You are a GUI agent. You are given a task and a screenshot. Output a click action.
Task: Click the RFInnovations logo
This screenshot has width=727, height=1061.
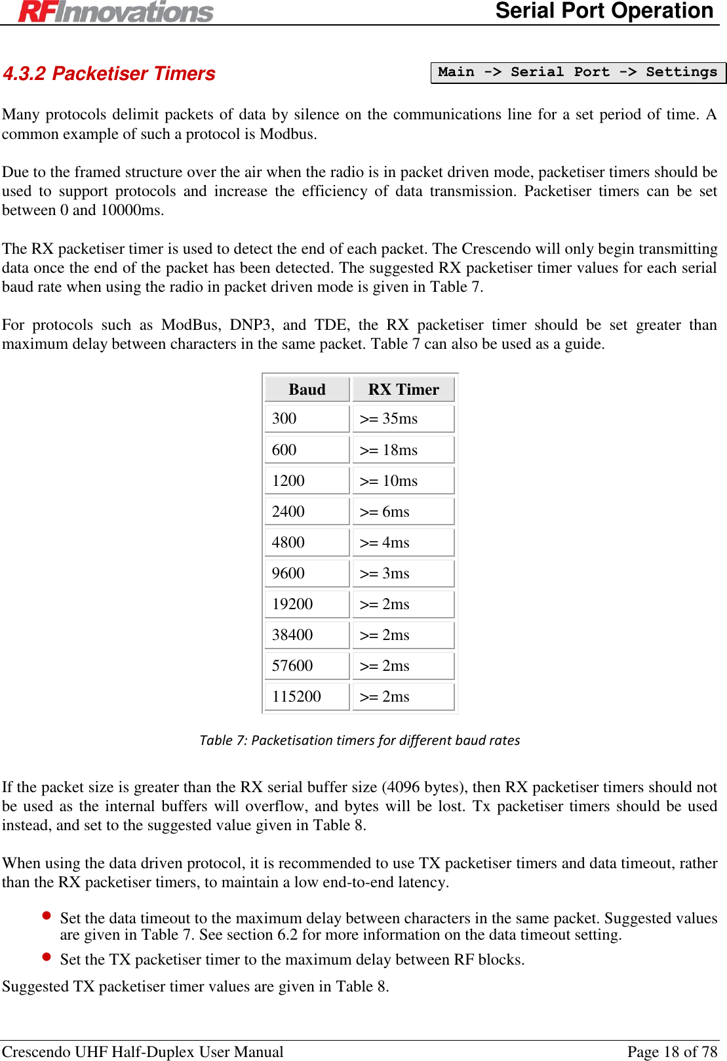tap(116, 12)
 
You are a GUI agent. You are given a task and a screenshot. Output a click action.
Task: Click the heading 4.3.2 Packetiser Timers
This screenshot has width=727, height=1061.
tap(109, 73)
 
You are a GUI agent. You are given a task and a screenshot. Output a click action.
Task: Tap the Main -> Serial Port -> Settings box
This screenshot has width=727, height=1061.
tap(578, 72)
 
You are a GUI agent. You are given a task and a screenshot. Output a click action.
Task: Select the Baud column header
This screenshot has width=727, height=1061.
tap(307, 390)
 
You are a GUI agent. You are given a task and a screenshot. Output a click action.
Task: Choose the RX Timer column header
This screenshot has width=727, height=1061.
tap(403, 390)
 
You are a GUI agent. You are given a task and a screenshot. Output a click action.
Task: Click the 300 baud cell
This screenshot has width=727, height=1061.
tap(307, 418)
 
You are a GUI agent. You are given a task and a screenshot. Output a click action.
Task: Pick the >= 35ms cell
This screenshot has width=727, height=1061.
tap(403, 418)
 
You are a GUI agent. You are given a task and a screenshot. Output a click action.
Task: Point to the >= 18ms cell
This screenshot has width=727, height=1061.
tap(403, 450)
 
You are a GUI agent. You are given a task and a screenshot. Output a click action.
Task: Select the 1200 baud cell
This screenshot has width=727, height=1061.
tap(307, 481)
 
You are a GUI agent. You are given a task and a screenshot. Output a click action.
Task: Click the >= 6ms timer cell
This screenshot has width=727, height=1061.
tap(403, 511)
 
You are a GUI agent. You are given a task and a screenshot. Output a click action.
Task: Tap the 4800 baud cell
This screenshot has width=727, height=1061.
tap(307, 542)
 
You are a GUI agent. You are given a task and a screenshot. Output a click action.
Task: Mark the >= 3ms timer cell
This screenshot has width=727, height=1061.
tap(403, 573)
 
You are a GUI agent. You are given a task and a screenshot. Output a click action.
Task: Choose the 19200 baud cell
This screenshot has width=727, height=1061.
tap(307, 604)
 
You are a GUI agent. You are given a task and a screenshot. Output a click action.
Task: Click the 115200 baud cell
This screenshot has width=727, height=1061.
tap(307, 696)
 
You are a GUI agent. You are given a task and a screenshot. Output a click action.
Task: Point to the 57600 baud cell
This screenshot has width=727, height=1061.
tap(307, 666)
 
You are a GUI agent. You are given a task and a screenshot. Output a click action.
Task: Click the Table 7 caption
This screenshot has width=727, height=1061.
tap(360, 740)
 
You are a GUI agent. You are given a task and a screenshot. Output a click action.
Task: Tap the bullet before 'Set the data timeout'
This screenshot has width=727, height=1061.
tap(47, 915)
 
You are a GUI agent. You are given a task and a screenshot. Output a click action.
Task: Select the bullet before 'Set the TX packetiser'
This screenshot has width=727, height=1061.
tap(47, 957)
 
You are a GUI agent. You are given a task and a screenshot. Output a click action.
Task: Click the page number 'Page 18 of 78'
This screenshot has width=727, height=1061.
tap(672, 1052)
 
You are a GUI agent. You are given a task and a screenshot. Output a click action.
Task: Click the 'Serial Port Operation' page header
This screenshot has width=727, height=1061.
tap(604, 11)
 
